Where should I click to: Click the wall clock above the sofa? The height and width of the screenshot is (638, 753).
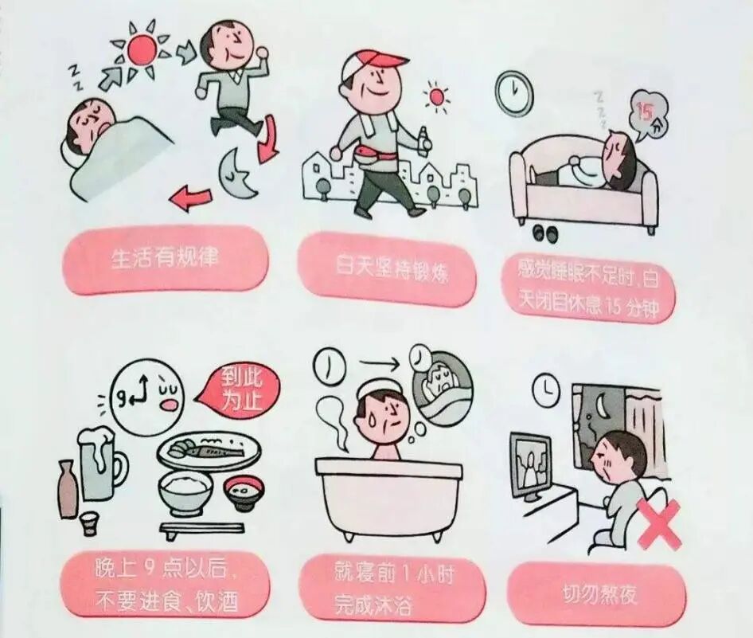point(511,89)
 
